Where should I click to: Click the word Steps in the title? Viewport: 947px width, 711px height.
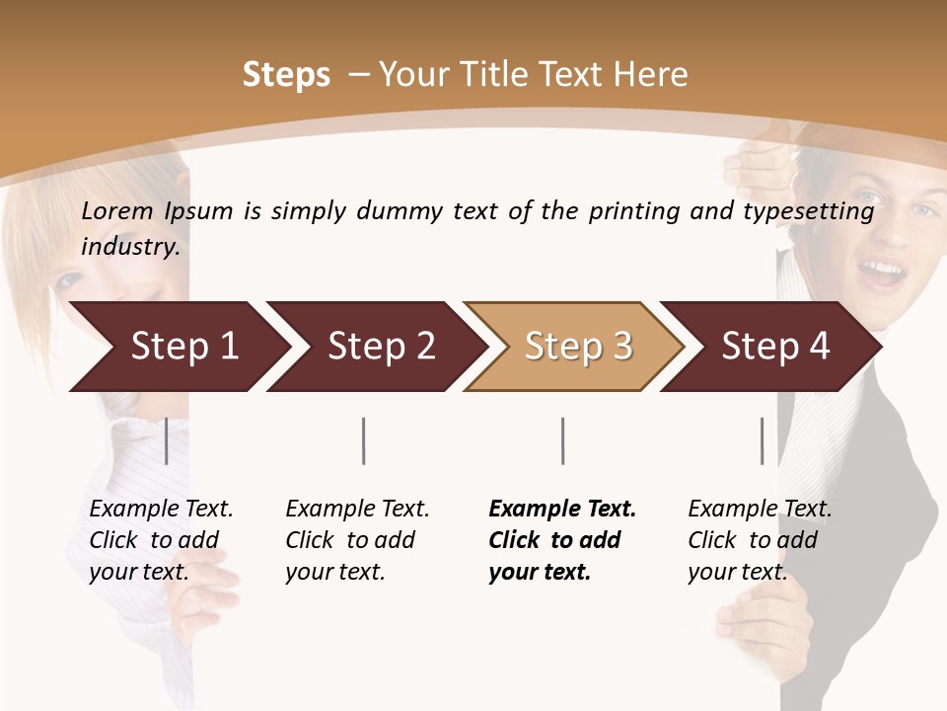pyautogui.click(x=286, y=75)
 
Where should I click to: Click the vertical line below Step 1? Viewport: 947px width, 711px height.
pyautogui.click(x=167, y=440)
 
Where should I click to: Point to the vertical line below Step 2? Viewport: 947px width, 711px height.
pyautogui.click(x=364, y=440)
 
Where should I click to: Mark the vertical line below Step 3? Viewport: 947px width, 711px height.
pyautogui.click(x=563, y=440)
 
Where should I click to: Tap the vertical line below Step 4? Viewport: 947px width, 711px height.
pyautogui.click(x=763, y=440)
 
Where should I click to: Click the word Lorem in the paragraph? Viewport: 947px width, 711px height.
pyautogui.click(x=117, y=210)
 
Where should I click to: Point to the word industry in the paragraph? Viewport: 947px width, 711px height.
pyautogui.click(x=130, y=247)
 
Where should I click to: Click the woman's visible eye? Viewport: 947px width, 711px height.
pyautogui.click(x=71, y=280)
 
